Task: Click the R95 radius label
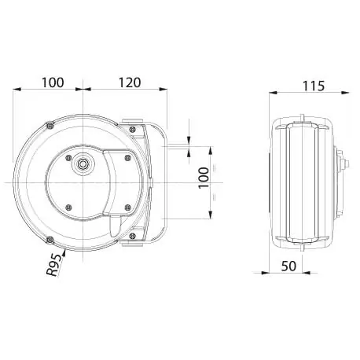tap(55, 264)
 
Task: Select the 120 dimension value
tap(130, 83)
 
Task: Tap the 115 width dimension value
tap(314, 86)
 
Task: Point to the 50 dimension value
tap(288, 266)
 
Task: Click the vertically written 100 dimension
tap(204, 178)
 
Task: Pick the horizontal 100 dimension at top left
tap(53, 83)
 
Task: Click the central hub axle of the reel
tap(83, 164)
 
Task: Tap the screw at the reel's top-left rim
tap(50, 126)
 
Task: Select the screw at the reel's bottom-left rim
tap(50, 239)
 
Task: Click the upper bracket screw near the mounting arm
tap(133, 129)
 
